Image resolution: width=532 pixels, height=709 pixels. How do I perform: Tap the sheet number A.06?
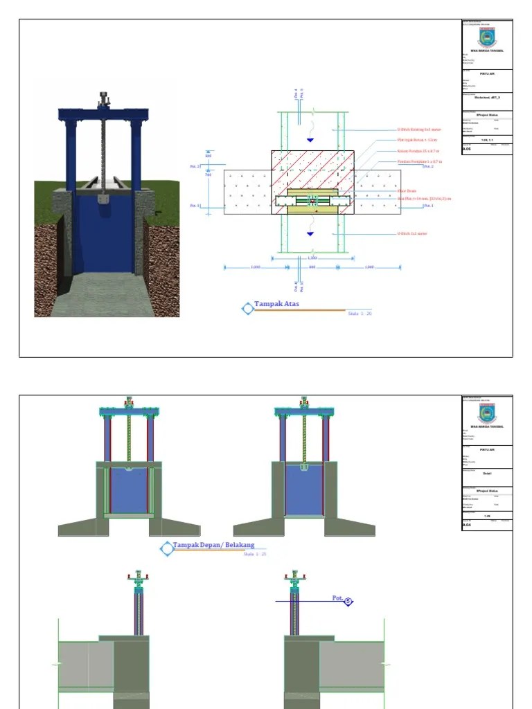(466, 148)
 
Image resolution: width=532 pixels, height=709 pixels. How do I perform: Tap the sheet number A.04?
(466, 526)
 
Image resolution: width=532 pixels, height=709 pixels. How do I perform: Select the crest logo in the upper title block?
(487, 36)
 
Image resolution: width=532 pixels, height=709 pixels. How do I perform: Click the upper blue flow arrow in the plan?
(310, 141)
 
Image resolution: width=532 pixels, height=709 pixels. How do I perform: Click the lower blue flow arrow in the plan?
(310, 234)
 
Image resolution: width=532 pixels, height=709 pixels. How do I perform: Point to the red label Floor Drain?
(407, 190)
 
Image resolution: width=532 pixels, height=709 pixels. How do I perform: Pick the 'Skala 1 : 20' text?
(360, 314)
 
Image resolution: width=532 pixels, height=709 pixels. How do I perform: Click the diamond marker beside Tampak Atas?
(247, 309)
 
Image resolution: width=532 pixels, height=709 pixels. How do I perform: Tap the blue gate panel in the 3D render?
(104, 235)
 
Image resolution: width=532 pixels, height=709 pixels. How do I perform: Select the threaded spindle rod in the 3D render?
(104, 152)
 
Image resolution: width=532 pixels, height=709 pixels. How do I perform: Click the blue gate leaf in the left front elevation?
(129, 490)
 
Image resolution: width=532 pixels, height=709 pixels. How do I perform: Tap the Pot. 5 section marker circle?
(348, 602)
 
